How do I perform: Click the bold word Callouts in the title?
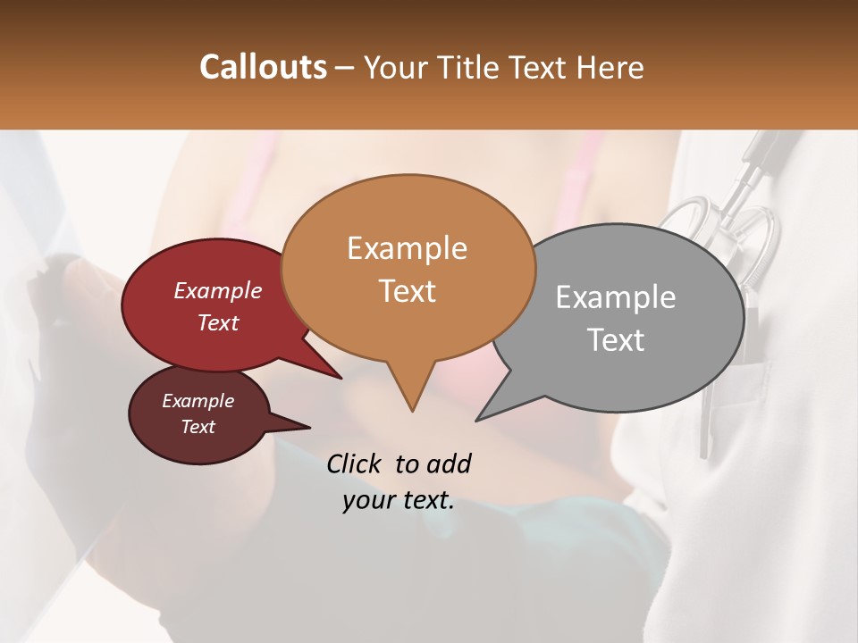tap(263, 67)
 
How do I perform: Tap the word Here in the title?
tap(611, 67)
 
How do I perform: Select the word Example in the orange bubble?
tap(407, 248)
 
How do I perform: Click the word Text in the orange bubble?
tap(407, 291)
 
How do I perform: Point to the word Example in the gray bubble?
tap(616, 297)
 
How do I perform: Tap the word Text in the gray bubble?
tap(616, 340)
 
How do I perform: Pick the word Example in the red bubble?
tap(217, 290)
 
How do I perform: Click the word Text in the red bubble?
tap(217, 322)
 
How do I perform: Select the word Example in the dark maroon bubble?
tap(198, 401)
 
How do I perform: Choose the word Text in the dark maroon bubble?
tap(198, 427)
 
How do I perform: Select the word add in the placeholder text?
tap(449, 463)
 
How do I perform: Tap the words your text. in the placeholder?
tap(398, 500)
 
